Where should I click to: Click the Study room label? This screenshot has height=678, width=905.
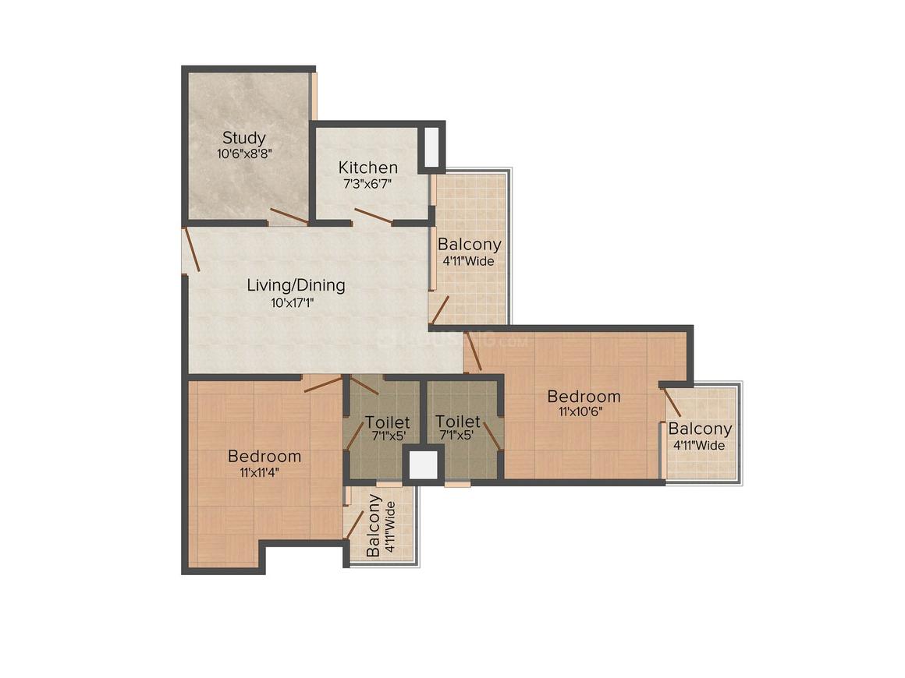pos(243,139)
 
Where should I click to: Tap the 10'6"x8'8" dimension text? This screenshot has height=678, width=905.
pos(243,154)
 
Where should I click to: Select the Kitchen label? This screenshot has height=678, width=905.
pos(367,168)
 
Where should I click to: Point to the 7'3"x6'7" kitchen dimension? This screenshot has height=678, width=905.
pos(367,183)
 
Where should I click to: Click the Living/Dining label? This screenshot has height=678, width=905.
pos(296,285)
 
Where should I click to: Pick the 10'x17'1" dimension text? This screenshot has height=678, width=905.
pos(296,302)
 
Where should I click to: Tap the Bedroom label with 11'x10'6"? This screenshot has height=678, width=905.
pos(584,396)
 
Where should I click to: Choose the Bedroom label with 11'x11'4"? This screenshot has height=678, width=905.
pos(264,456)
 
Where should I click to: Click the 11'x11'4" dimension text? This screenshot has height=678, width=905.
pos(264,471)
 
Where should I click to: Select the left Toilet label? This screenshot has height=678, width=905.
pos(387,422)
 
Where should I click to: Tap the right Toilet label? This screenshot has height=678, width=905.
pos(457,422)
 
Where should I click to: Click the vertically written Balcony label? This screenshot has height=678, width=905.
pos(374,524)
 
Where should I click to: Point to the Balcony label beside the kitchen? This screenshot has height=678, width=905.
pos(469,245)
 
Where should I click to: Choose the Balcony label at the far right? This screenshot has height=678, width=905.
pos(700,429)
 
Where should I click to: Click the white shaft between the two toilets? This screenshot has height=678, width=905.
pos(424,464)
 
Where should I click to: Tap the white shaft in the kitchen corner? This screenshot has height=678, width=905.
pos(430,146)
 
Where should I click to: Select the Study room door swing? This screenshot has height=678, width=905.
pos(288,216)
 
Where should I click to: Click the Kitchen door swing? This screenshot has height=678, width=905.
pos(373,216)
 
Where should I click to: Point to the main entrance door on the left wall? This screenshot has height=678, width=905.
pos(192,249)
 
